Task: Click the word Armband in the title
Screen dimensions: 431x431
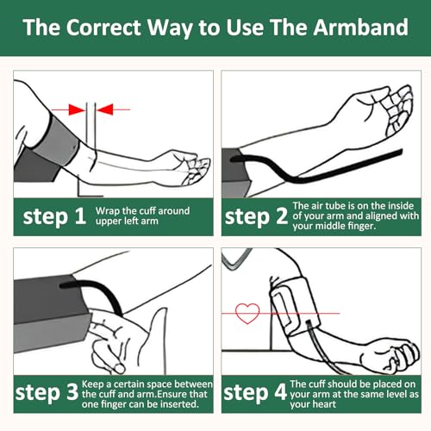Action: [x=360, y=28]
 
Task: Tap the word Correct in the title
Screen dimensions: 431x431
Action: [x=103, y=28]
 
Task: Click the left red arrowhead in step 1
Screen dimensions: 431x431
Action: [x=77, y=109]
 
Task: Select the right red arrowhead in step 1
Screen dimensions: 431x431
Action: [x=105, y=109]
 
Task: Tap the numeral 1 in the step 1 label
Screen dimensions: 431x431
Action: [x=80, y=216]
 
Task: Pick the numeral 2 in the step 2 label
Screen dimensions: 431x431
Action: [x=282, y=216]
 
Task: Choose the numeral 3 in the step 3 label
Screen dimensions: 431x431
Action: [x=72, y=391]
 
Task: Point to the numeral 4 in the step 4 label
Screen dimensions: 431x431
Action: [x=280, y=391]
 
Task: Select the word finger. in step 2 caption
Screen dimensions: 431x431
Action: [x=361, y=226]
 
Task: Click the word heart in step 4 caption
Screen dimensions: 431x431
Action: [x=324, y=404]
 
